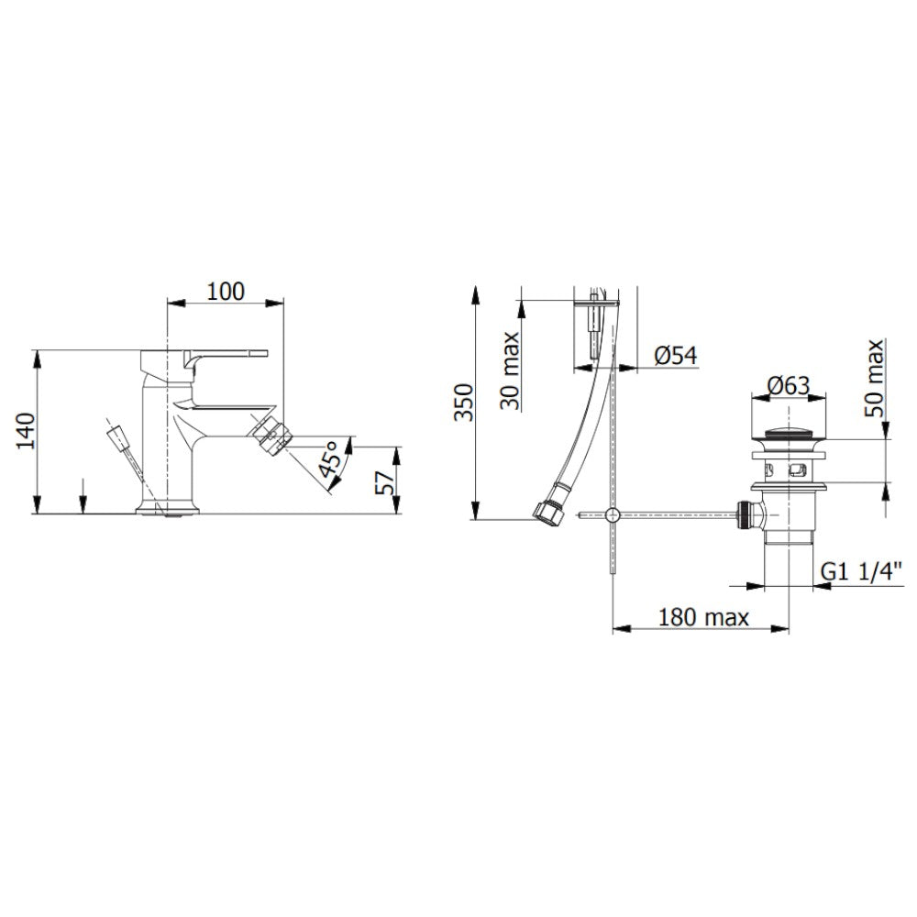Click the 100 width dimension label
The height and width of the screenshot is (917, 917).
(x=226, y=292)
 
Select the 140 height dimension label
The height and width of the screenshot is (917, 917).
(x=26, y=431)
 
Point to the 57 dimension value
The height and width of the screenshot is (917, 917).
(x=385, y=482)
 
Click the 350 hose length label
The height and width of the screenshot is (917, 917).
(x=464, y=403)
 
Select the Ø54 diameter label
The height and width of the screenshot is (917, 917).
(x=676, y=356)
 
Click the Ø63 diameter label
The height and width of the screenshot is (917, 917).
(x=789, y=385)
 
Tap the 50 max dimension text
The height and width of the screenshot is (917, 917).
(x=873, y=378)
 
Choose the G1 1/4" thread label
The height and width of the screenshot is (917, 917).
(x=861, y=570)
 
